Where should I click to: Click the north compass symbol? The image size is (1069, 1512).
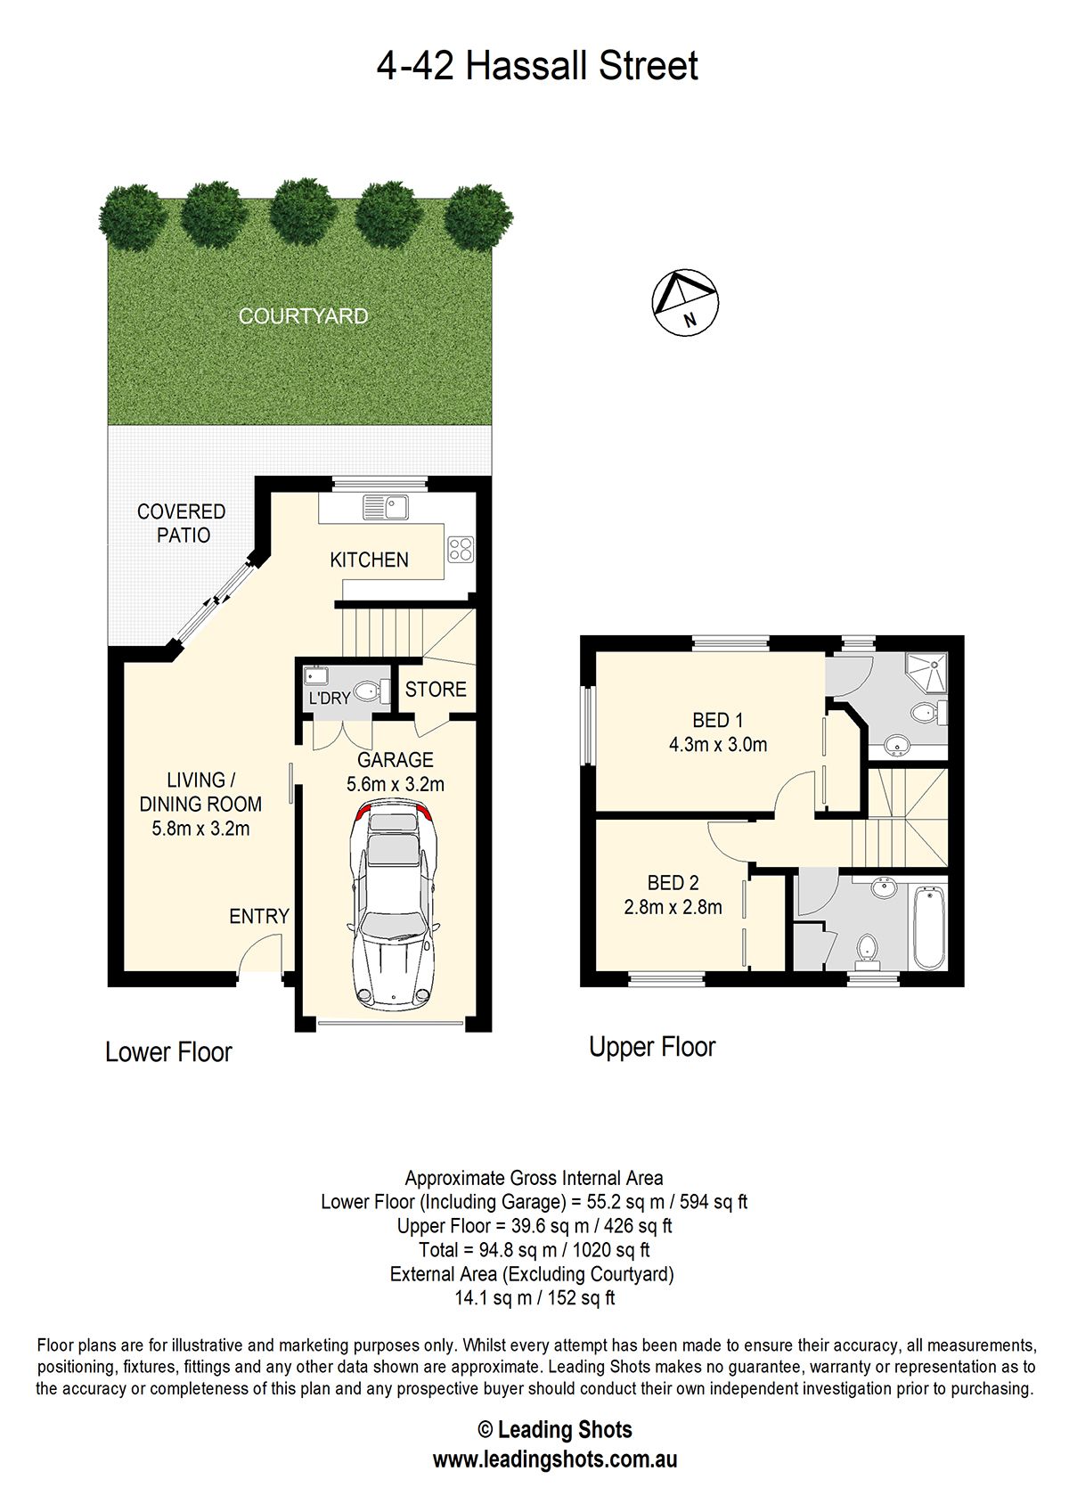click(x=684, y=302)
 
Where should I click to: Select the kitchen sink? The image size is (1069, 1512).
click(x=386, y=507)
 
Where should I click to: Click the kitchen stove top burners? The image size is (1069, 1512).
click(x=461, y=549)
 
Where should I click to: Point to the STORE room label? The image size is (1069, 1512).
click(x=436, y=689)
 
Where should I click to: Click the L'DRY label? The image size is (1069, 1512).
click(x=330, y=698)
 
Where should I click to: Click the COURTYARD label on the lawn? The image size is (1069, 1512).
click(x=304, y=316)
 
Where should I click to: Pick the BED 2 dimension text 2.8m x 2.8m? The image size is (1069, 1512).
click(x=673, y=906)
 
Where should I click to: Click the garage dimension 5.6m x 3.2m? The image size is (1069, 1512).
click(x=396, y=784)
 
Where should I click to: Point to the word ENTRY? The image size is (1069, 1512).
click(x=259, y=916)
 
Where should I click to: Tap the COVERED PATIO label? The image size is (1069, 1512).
click(x=182, y=523)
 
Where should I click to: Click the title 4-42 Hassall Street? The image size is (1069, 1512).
click(x=536, y=65)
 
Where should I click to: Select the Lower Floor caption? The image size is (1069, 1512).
click(x=168, y=1052)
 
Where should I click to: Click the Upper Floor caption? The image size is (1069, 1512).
click(x=652, y=1047)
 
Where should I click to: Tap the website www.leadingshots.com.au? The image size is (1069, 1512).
click(x=555, y=1459)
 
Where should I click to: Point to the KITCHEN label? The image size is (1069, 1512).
click(x=369, y=560)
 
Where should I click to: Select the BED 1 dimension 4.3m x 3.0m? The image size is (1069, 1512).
click(x=718, y=745)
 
